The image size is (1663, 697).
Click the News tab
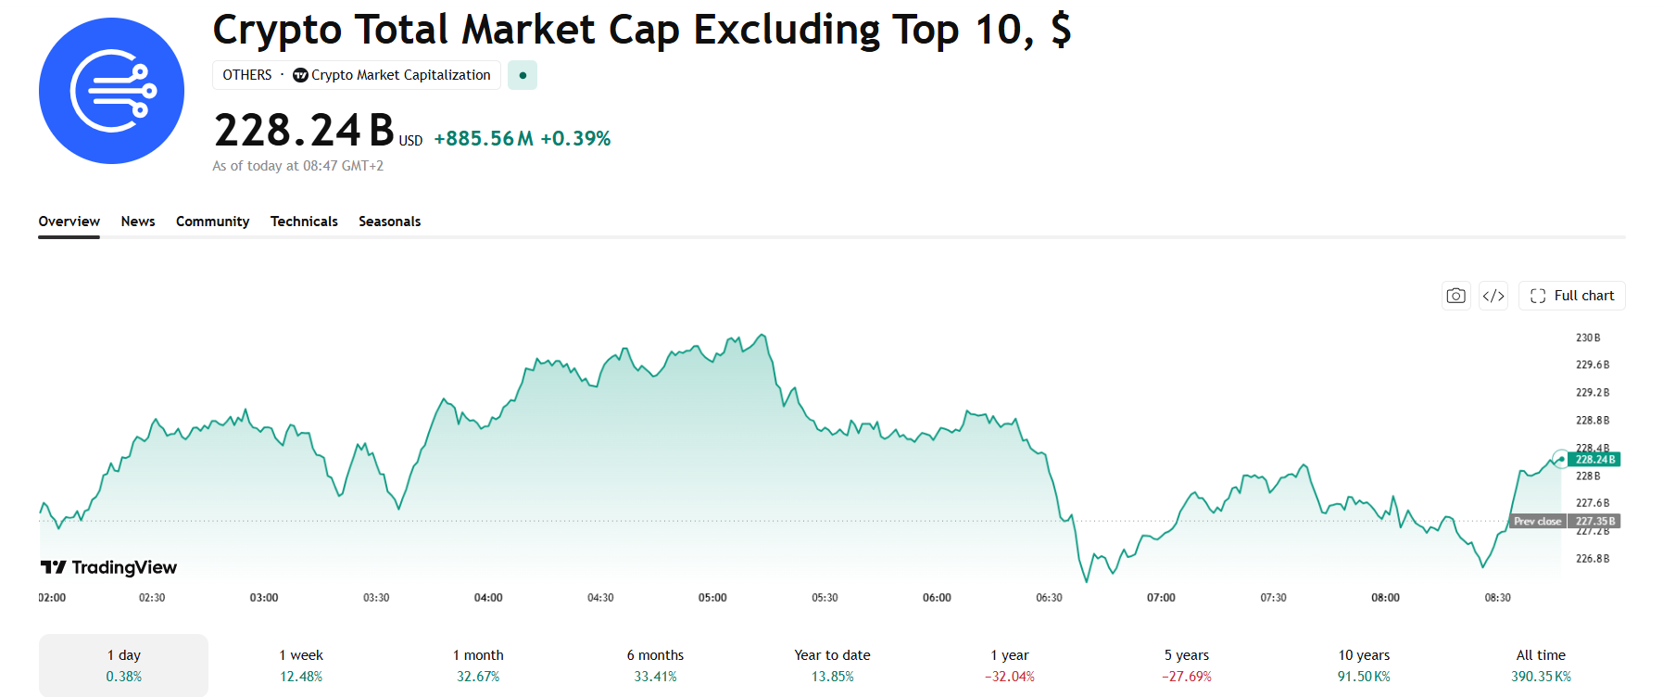pos(138,222)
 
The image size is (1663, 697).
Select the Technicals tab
pos(304,222)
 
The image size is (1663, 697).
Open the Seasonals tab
pos(389,222)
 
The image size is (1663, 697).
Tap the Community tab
pos(213,222)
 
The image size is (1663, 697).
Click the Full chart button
pos(1572,296)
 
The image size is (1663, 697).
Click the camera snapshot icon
pos(1456,296)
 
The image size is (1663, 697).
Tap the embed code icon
pos(1493,296)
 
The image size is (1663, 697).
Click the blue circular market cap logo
pos(112,91)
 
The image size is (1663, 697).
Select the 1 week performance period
pos(301,665)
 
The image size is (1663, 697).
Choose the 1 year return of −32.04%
pos(1010,665)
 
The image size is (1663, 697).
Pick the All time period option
pos(1541,665)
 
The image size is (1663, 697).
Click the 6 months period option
pos(655,665)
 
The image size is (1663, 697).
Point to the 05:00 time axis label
pos(712,598)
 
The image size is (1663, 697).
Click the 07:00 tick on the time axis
pos(1161,598)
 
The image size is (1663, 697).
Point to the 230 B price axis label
pos(1588,338)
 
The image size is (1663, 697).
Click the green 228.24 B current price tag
pos(1595,460)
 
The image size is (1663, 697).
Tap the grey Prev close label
pos(1538,522)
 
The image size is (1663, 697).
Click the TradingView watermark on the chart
pos(108,567)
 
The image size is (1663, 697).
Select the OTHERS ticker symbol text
pos(247,75)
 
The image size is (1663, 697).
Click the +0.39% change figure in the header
pos(575,139)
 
